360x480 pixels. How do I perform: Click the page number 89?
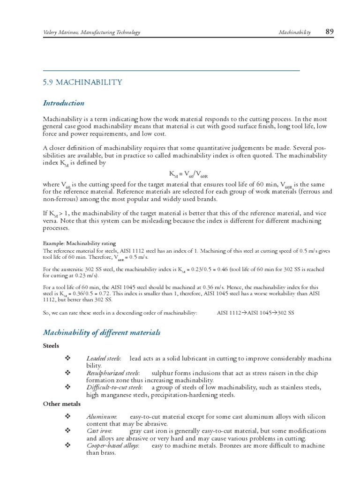329,32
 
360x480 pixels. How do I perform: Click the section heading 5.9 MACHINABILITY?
82,82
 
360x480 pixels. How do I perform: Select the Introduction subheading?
64,103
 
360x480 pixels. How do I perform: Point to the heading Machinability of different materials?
102,333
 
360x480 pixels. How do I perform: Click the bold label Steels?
51,346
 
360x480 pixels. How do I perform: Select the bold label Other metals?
62,404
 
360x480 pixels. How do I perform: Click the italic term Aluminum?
102,417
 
